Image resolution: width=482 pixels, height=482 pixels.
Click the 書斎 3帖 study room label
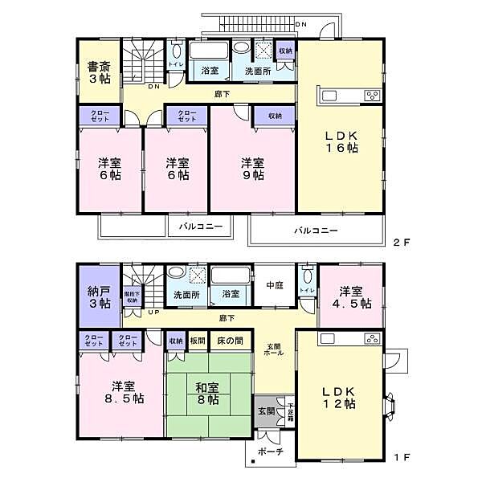pos(99,72)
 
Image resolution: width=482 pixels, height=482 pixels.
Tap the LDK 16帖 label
pos(340,141)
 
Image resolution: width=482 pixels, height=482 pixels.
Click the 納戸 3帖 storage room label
pos(99,296)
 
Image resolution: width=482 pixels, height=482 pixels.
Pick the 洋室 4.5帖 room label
pos(354,297)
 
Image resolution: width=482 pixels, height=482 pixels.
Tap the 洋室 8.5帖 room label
pos(121,390)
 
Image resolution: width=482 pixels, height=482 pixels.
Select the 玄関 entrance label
pos(266,411)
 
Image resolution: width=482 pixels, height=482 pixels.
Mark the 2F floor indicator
pos(402,241)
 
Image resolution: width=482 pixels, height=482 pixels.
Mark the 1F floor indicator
pos(402,457)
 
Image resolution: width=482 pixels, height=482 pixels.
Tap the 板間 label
pos(198,341)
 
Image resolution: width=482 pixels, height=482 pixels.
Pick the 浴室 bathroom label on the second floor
pos(210,71)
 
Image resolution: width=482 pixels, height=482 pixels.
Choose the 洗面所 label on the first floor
pos(186,294)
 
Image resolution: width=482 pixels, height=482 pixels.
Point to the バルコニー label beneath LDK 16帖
pos(316,231)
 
